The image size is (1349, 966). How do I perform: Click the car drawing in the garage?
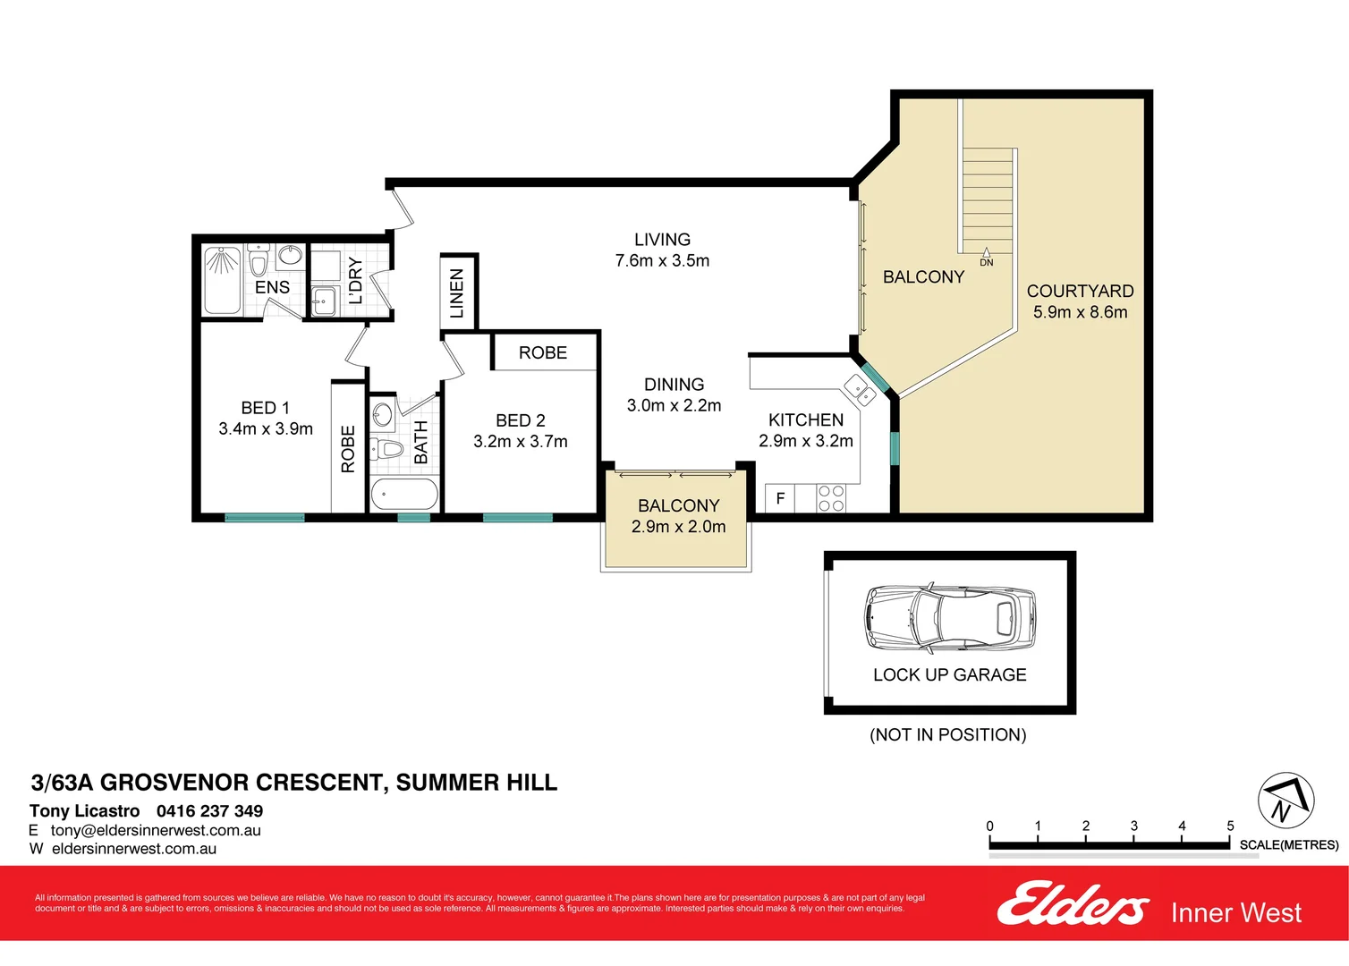[949, 618]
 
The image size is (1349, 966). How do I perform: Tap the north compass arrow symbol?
[1285, 801]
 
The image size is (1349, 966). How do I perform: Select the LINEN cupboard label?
[457, 293]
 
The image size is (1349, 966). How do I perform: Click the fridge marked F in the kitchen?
[780, 498]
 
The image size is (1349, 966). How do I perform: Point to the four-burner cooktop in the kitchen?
[831, 498]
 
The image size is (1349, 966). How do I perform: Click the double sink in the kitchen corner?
[861, 390]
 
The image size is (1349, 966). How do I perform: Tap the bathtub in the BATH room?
[404, 494]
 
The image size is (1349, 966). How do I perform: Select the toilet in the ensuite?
[259, 260]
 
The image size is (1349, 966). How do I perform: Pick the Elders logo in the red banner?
[1072, 904]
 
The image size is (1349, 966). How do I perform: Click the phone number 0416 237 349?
[209, 811]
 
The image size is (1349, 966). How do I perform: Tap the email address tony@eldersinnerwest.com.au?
[156, 831]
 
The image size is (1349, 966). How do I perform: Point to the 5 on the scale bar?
[1230, 826]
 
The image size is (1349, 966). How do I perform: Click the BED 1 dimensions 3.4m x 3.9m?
[266, 429]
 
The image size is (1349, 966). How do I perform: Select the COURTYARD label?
[1080, 292]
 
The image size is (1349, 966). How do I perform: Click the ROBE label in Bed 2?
[543, 353]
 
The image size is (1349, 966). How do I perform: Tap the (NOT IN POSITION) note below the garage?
[947, 735]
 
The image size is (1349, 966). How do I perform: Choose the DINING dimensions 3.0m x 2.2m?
[674, 406]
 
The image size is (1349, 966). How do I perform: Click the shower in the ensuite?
[222, 281]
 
